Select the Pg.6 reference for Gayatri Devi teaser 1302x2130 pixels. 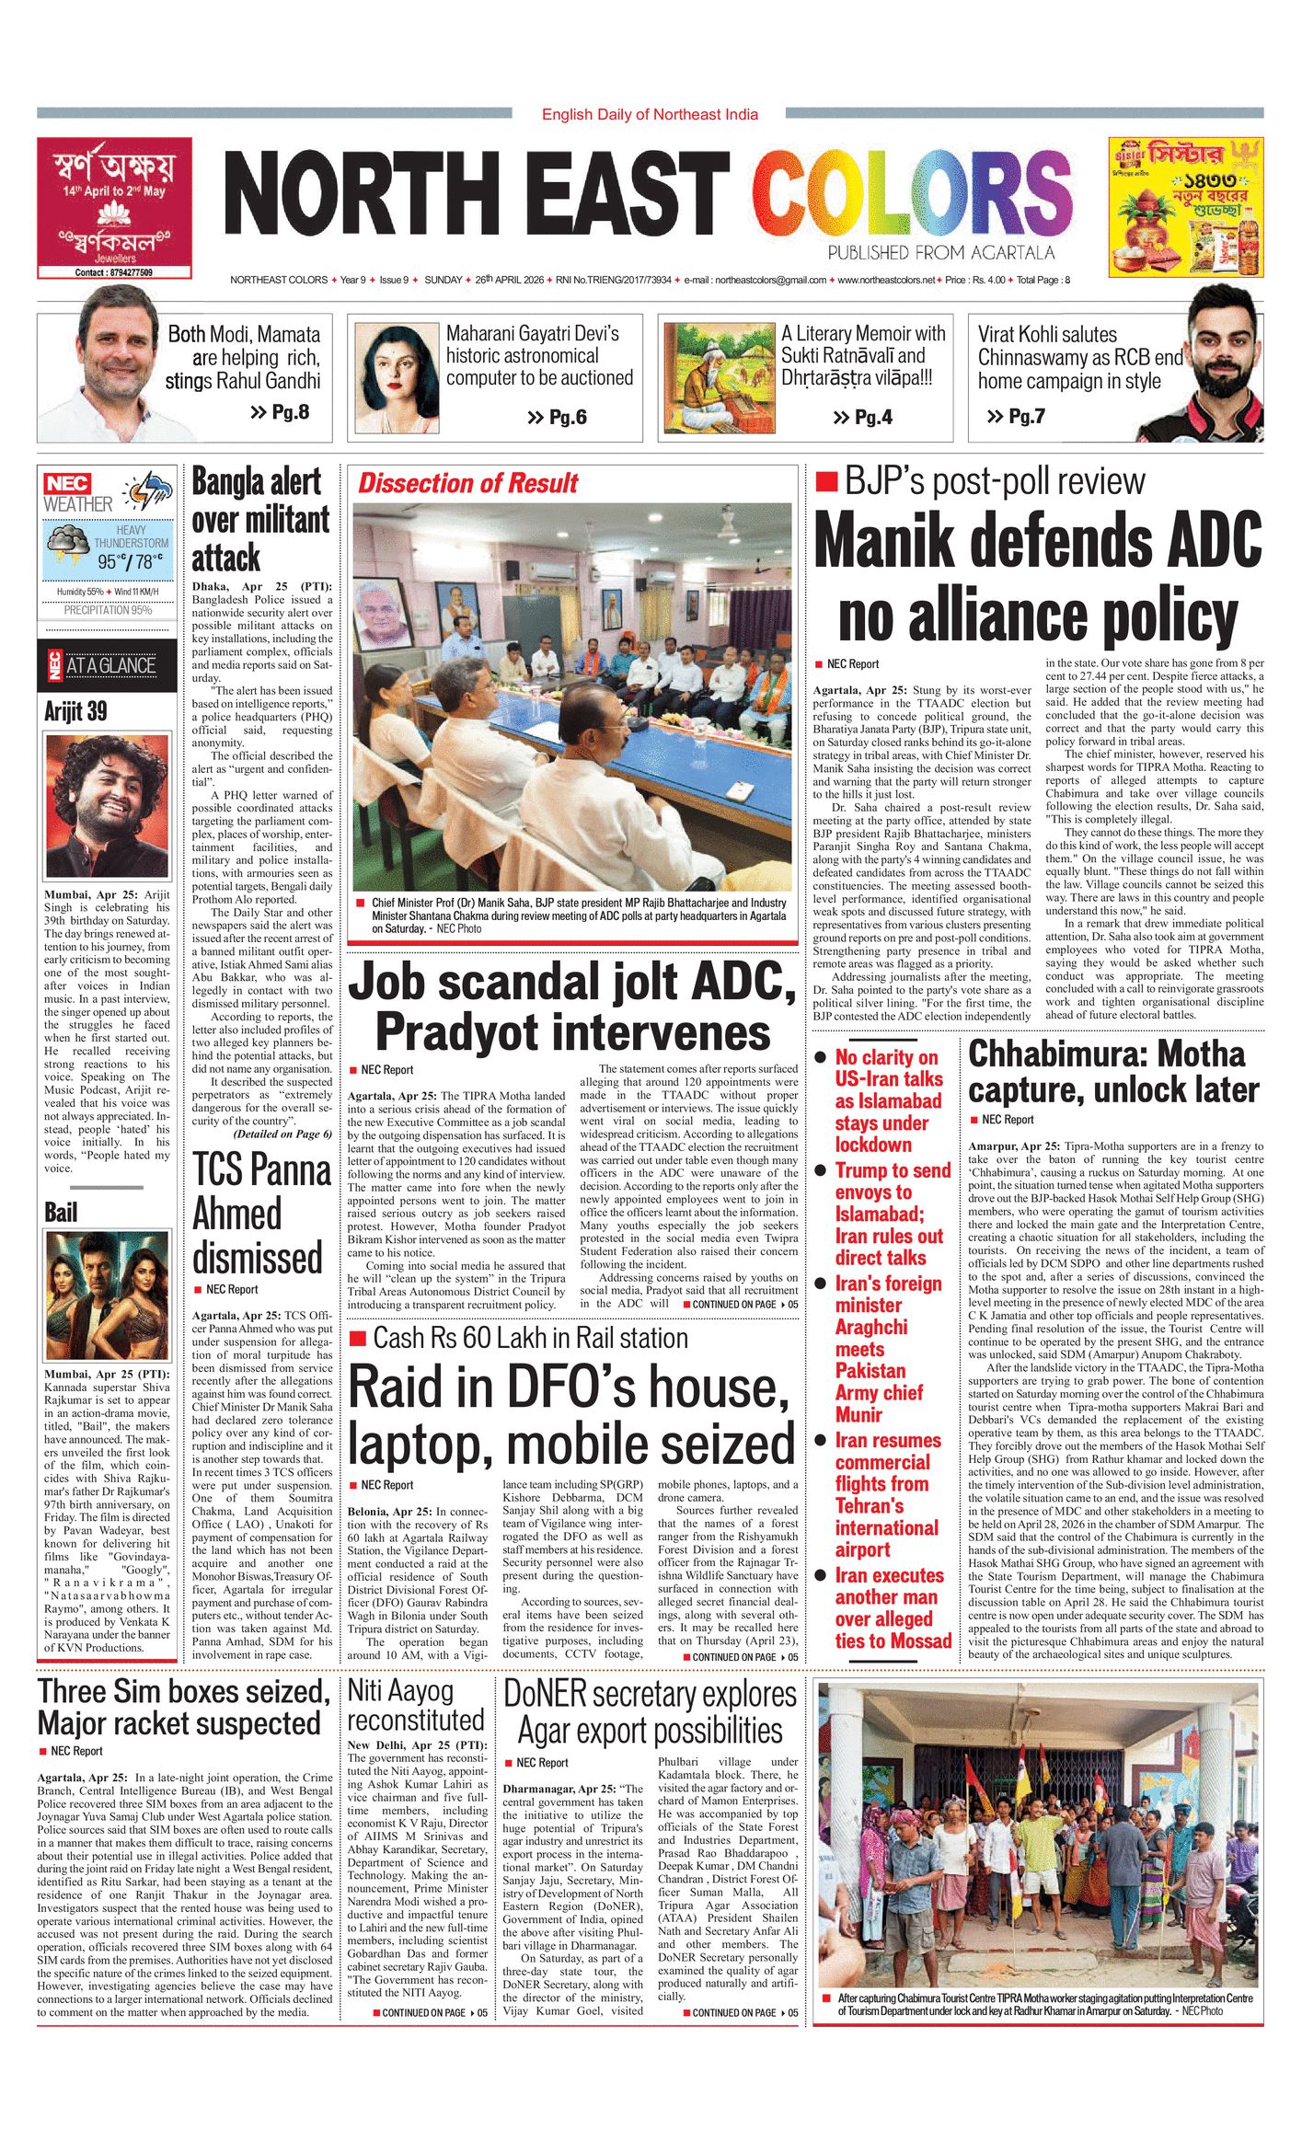click(557, 418)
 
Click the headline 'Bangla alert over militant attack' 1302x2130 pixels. click(259, 520)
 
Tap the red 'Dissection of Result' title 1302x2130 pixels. click(467, 483)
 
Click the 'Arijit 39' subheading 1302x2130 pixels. click(75, 711)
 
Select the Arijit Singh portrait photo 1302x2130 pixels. click(107, 806)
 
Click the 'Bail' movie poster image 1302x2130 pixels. click(107, 1296)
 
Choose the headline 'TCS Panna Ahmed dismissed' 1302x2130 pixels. click(260, 1214)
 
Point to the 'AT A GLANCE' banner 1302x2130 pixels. click(109, 665)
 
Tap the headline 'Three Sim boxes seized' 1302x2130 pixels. click(183, 1691)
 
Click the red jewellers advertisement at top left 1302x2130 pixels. click(115, 207)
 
